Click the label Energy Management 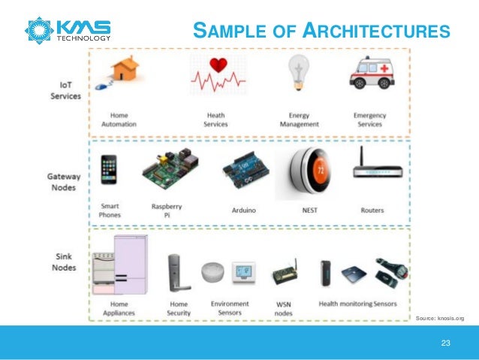coord(294,119)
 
